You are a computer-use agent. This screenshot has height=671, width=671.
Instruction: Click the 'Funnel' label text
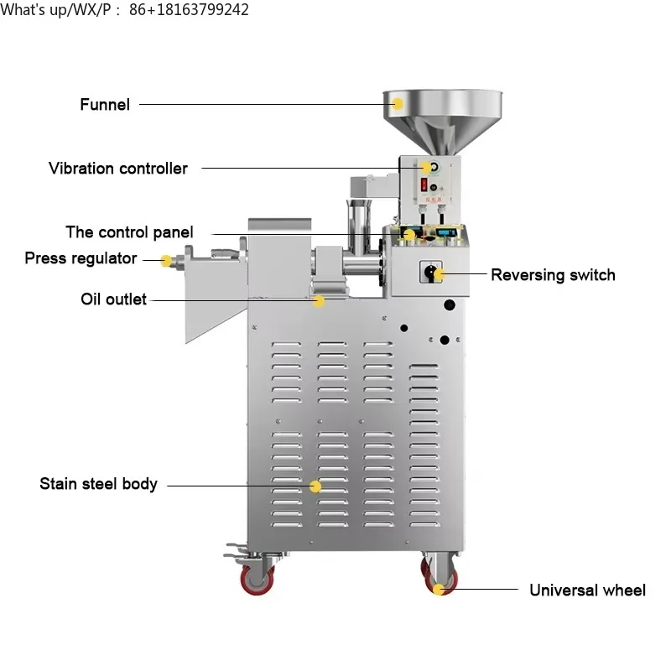point(105,105)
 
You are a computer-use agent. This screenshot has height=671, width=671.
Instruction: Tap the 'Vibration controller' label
point(117,169)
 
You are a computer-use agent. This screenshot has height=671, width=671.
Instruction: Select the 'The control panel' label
point(129,232)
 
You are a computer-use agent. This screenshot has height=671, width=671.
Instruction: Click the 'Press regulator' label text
point(81,258)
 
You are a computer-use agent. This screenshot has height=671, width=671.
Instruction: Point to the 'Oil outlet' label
point(113,299)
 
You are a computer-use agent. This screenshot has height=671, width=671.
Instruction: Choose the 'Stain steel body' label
point(98,484)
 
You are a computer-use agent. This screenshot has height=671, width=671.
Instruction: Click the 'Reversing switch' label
point(553,275)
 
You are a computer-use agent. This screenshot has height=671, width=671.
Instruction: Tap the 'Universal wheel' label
point(587,590)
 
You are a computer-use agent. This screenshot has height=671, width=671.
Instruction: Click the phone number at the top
point(190,10)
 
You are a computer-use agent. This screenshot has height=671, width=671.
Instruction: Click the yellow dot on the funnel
point(398,103)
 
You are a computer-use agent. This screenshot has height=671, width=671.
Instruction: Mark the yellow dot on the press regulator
point(166,261)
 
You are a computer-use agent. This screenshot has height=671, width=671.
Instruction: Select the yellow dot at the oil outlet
point(318,300)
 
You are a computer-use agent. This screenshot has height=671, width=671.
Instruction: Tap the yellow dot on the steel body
point(315,486)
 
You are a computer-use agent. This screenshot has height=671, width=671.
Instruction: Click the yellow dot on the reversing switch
point(438,274)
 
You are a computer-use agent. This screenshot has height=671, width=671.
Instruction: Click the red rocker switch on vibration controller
point(425,184)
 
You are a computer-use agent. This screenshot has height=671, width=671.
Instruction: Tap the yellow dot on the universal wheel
point(439,589)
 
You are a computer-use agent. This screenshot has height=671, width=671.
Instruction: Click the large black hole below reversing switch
point(450,306)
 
